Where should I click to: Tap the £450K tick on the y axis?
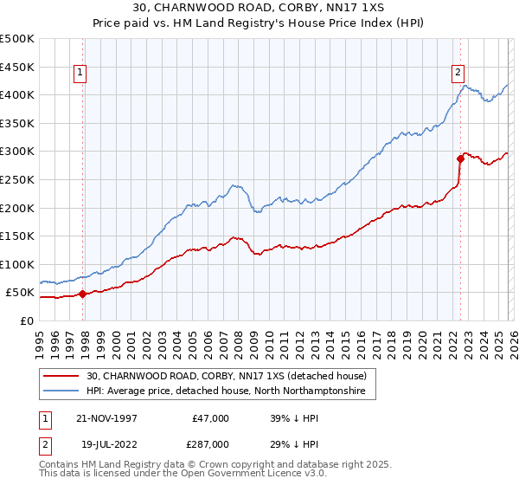tap(17, 67)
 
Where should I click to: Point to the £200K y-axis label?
tap(17, 208)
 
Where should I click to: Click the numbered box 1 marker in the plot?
tap(80, 74)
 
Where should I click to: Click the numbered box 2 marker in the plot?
tap(458, 74)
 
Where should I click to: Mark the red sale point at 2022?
tap(460, 158)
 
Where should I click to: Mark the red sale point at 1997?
tap(83, 294)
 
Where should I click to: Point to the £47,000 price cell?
tap(211, 418)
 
